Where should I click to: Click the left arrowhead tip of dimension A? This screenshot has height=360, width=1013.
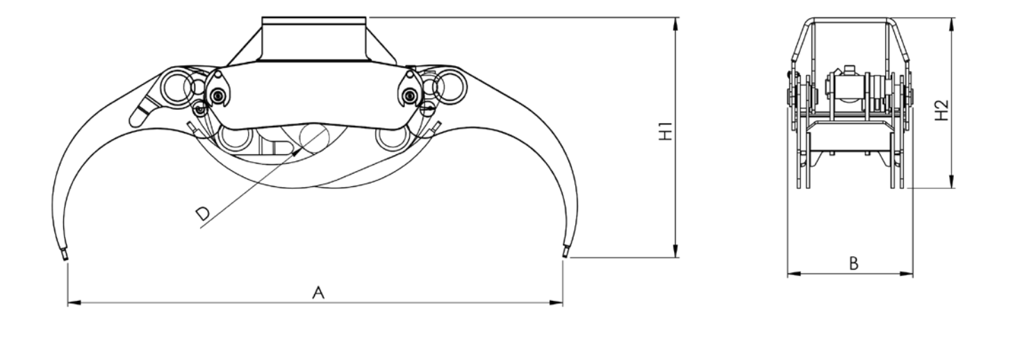[x=68, y=302]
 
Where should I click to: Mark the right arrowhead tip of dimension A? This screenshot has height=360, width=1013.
[x=563, y=302]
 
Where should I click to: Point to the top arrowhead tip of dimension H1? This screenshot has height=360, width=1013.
[x=675, y=17]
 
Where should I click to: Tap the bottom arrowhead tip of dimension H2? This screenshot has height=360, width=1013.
[x=951, y=188]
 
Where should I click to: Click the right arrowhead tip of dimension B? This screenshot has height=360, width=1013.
[x=913, y=274]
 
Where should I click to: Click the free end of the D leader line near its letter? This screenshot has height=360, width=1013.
[x=200, y=228]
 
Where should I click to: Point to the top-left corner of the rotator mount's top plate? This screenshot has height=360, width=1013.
[x=263, y=17]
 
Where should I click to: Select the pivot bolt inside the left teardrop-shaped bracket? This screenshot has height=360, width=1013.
[x=219, y=96]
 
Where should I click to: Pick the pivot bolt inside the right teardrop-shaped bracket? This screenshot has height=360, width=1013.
[x=410, y=95]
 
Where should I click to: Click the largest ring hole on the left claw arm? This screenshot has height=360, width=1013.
[x=177, y=88]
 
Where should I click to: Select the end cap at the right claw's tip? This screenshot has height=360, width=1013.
[x=566, y=252]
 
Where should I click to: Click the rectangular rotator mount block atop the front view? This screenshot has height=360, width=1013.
[x=314, y=39]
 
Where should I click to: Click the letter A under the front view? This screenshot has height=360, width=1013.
[x=319, y=293]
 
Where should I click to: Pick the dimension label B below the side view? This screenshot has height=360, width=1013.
[x=854, y=263]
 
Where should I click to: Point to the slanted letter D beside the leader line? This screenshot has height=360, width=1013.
[x=203, y=214]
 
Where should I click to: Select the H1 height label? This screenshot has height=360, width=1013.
[x=666, y=131]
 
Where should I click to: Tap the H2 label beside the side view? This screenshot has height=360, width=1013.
[x=941, y=111]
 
